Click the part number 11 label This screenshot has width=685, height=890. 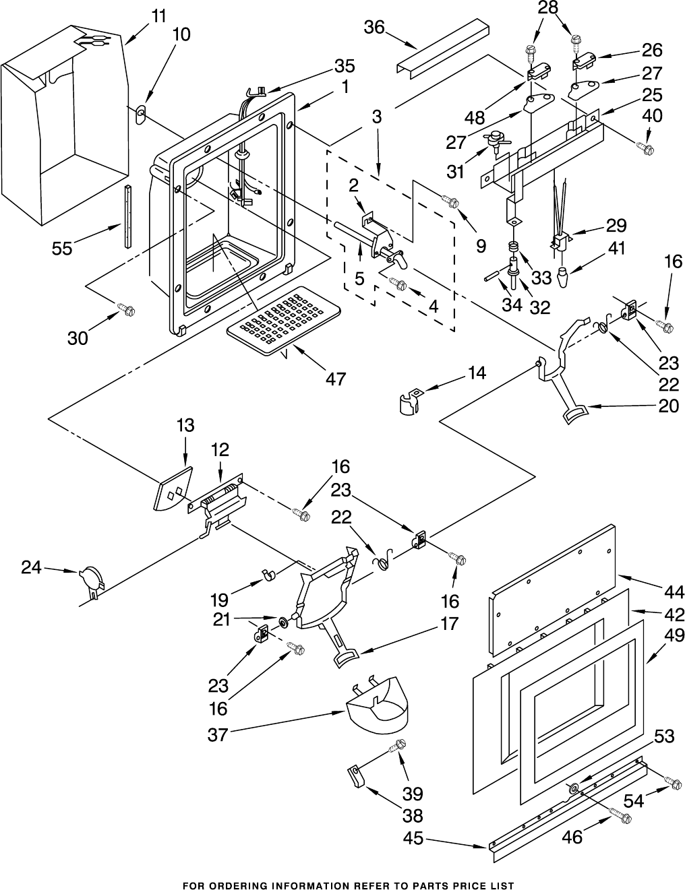pos(159,17)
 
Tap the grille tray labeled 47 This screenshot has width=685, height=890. pos(283,320)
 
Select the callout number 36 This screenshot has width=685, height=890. pos(374,28)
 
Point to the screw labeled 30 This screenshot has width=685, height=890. pos(127,309)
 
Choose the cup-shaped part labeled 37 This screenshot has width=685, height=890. pos(377,710)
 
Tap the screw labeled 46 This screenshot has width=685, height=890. pos(621,818)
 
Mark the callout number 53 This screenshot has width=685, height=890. pos(664,736)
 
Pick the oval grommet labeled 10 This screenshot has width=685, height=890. pos(140,116)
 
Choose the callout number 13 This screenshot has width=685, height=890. pos(185,425)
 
